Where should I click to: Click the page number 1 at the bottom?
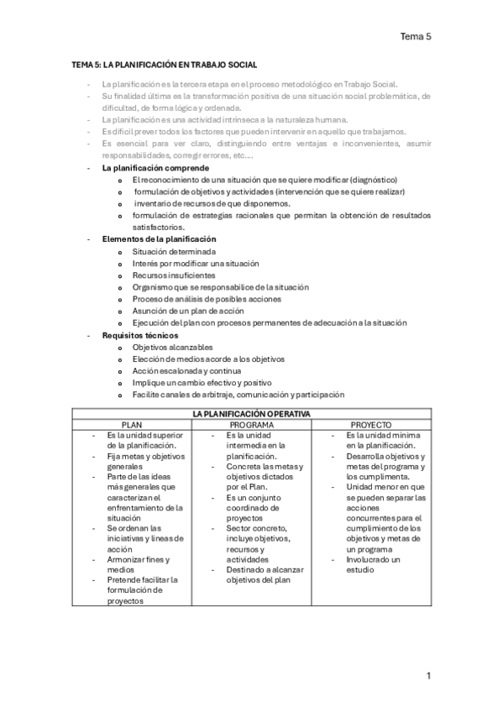(x=428, y=675)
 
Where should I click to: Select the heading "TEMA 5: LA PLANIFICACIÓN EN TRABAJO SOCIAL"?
(x=164, y=65)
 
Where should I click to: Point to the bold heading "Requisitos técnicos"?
(x=139, y=335)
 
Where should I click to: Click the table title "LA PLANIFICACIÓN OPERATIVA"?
(x=251, y=414)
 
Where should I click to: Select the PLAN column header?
(x=133, y=425)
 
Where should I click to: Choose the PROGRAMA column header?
(x=252, y=425)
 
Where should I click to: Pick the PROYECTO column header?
(x=371, y=425)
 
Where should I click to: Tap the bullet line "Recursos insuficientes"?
(x=174, y=275)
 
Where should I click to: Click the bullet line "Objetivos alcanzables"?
(x=172, y=347)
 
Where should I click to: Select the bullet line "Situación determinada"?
(x=174, y=251)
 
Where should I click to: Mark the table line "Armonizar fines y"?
(x=139, y=558)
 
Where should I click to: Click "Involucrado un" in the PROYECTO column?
(x=373, y=558)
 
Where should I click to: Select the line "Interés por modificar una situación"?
(x=196, y=264)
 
